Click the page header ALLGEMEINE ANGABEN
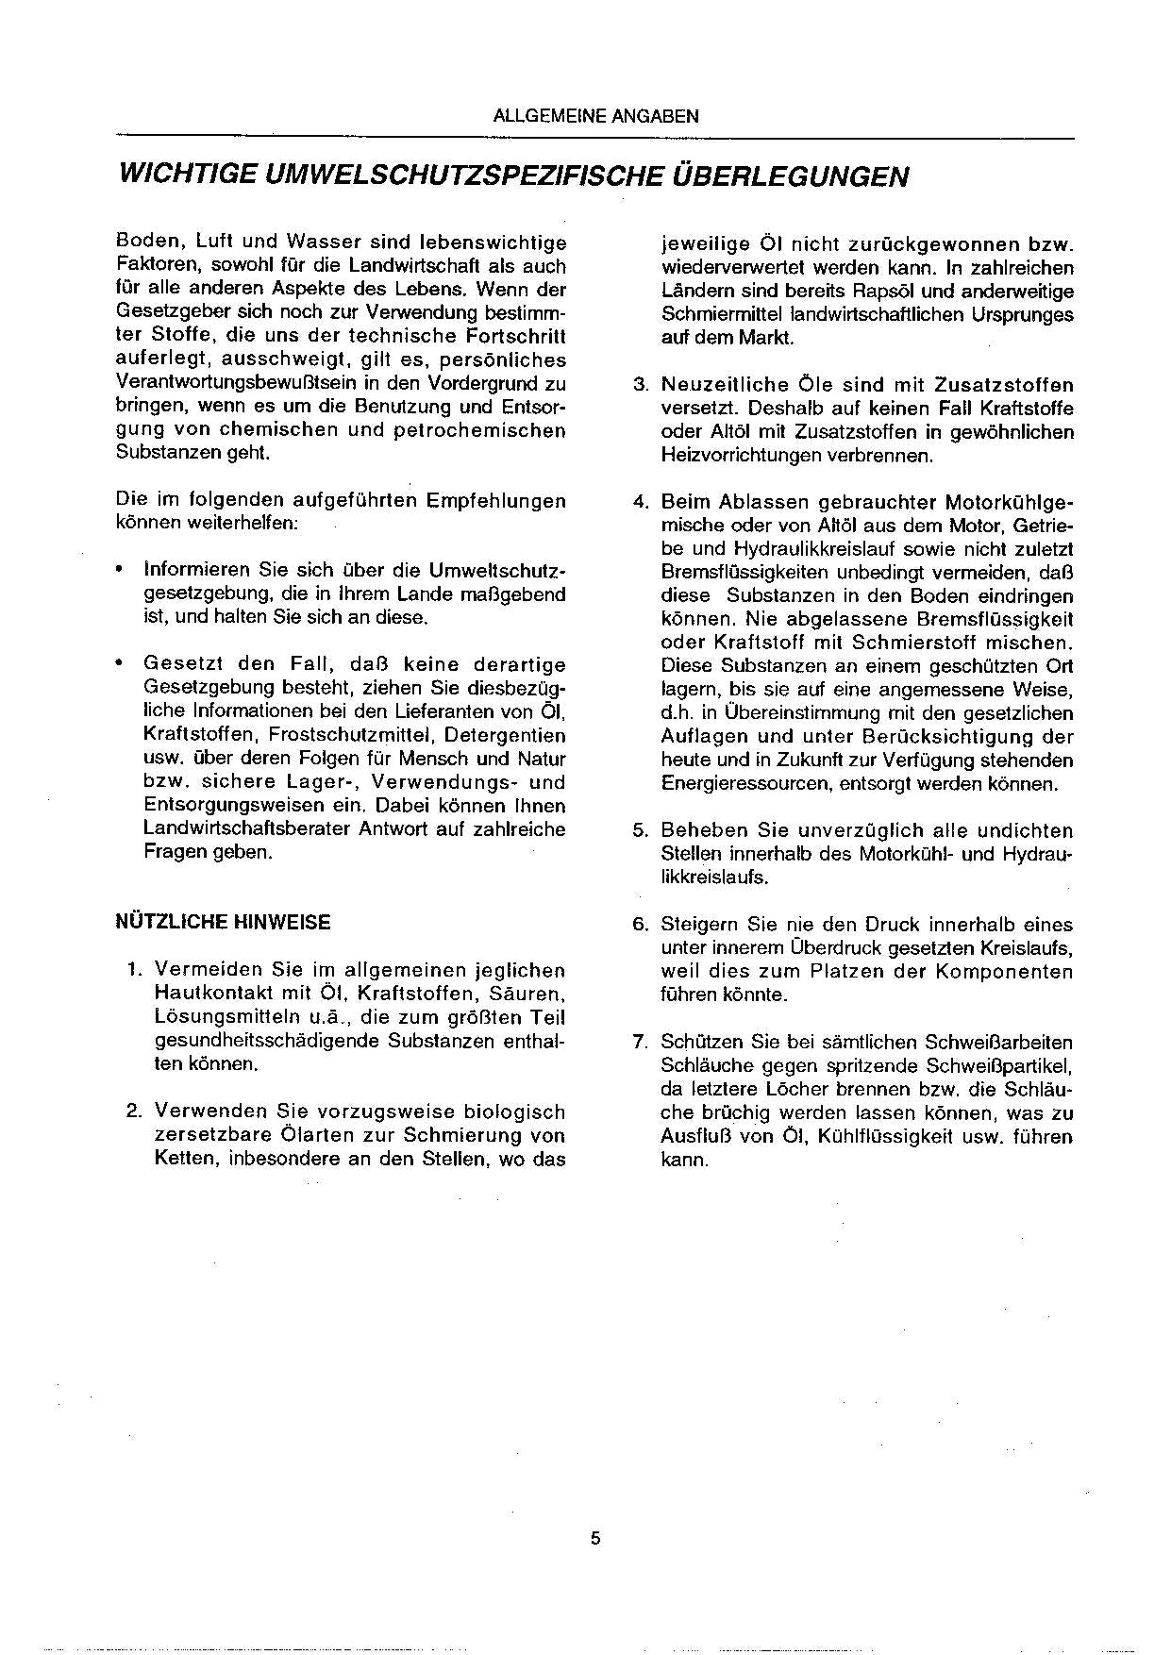(595, 117)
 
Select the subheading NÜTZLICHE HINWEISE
(223, 922)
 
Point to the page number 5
(595, 1539)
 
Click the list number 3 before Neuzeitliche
(639, 385)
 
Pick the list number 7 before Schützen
(639, 1043)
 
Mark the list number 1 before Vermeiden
(133, 970)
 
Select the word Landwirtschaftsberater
(247, 829)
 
